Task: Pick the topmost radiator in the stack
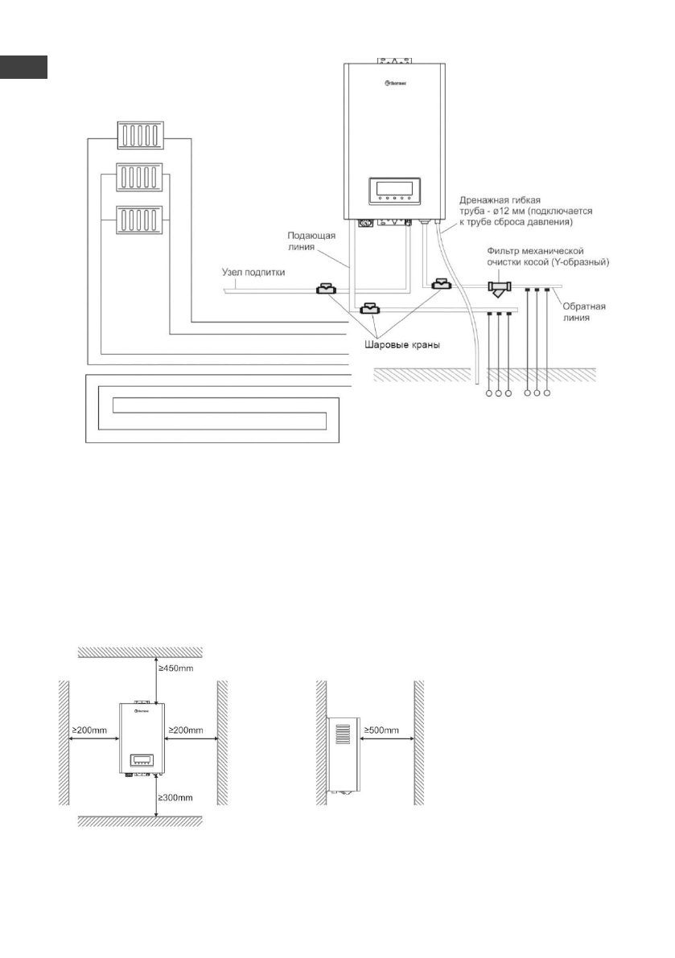pyautogui.click(x=140, y=133)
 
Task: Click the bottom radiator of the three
pyautogui.click(x=140, y=220)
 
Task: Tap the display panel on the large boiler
pyautogui.click(x=392, y=191)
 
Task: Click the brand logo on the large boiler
pyautogui.click(x=392, y=82)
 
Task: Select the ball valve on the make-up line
pyautogui.click(x=327, y=289)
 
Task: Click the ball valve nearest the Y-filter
pyautogui.click(x=442, y=284)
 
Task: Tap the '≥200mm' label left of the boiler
pyautogui.click(x=93, y=730)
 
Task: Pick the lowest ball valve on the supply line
pyautogui.click(x=369, y=309)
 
